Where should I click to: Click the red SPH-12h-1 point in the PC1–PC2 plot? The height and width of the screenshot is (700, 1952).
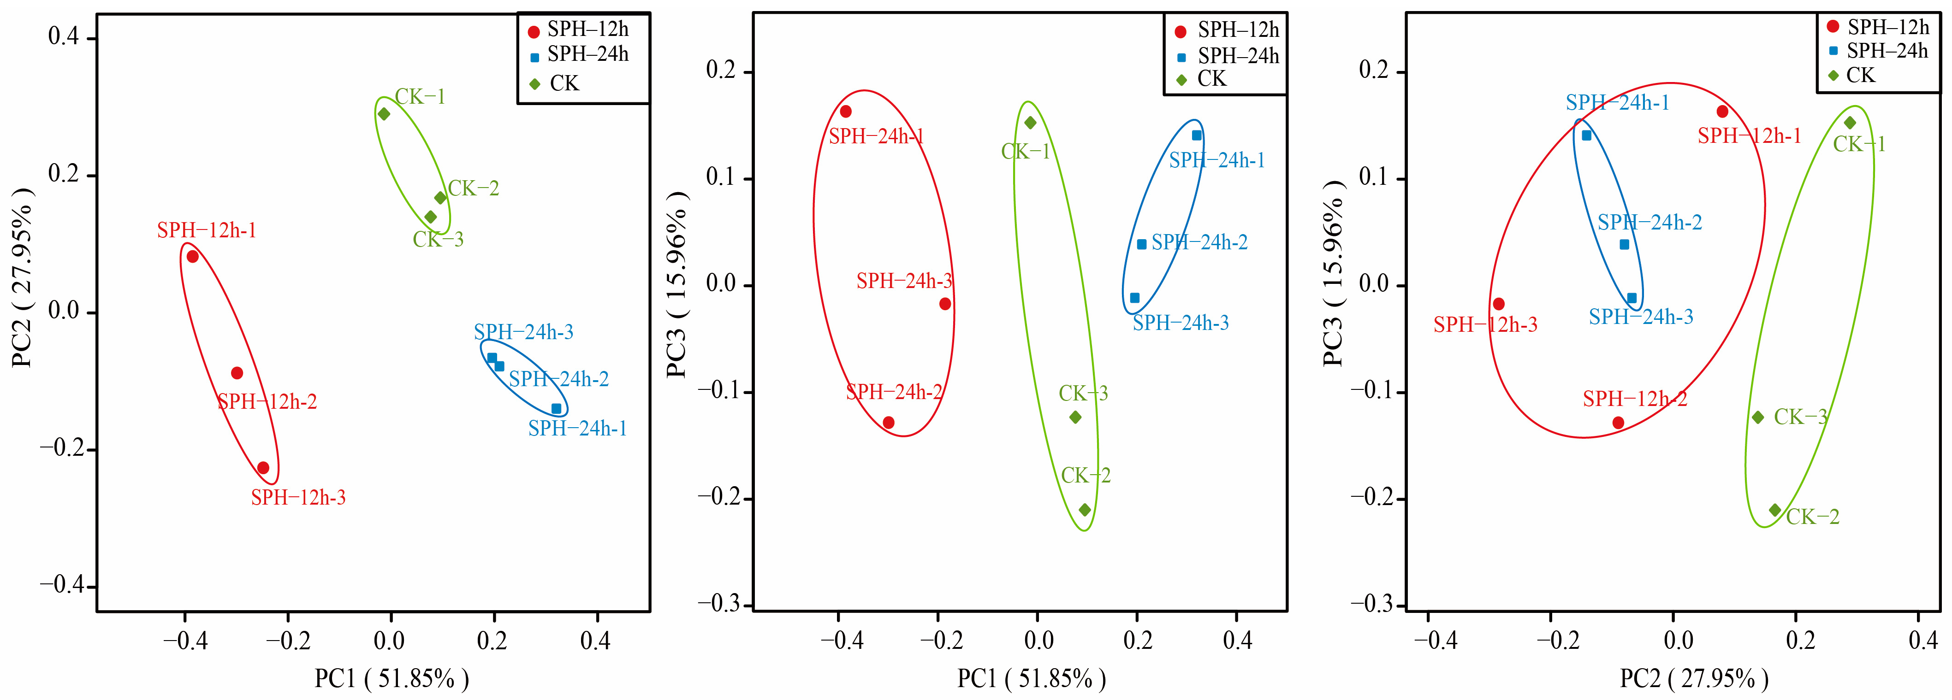[x=192, y=256]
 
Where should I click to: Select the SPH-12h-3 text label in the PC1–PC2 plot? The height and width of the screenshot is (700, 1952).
[x=298, y=498]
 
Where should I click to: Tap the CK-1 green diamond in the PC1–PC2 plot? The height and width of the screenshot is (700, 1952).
[x=383, y=114]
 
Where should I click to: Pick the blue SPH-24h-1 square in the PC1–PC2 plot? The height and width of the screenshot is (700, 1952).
[x=556, y=408]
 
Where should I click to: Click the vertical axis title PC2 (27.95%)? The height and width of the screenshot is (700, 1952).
[x=23, y=278]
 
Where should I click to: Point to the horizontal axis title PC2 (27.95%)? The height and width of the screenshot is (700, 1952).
[x=1694, y=678]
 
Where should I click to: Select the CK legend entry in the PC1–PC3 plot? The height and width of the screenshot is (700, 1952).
[x=1211, y=79]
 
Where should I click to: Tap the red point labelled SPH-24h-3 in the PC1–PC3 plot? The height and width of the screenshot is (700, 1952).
[x=945, y=304]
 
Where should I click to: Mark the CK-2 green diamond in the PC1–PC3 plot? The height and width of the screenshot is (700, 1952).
[x=1084, y=510]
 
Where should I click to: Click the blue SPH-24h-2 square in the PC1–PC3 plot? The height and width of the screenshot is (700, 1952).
[x=1141, y=244]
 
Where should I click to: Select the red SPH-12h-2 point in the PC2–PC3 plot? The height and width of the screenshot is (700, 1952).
[x=1618, y=423]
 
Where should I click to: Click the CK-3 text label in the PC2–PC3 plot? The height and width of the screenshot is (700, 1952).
[x=1800, y=417]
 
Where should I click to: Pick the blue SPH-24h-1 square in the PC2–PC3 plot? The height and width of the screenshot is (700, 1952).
[x=1586, y=135]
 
